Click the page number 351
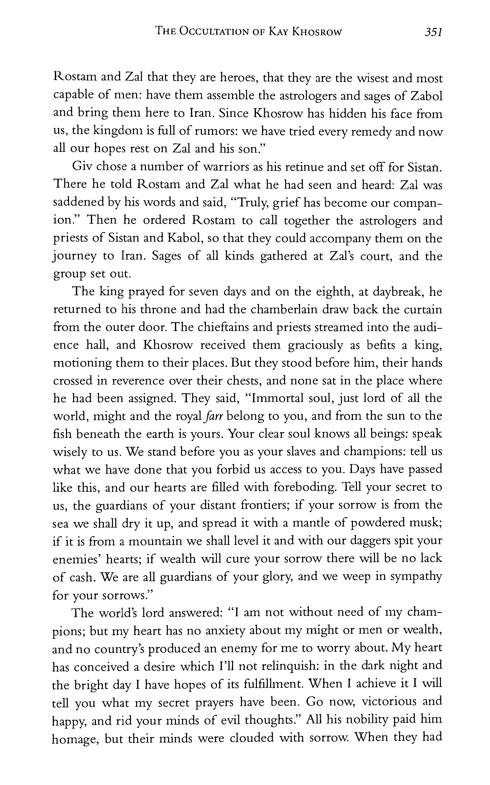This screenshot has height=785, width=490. point(434,32)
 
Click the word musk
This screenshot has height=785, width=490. point(427,522)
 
